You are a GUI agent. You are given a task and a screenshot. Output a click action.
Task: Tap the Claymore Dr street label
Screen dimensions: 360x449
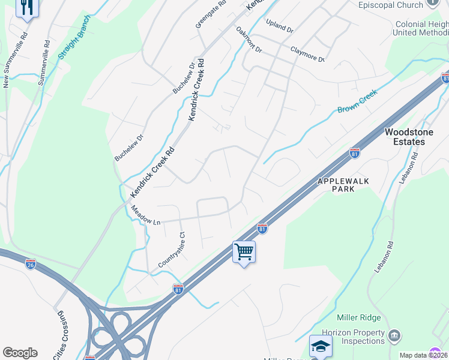pos(307,55)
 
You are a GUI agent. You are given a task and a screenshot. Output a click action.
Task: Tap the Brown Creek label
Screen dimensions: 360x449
pos(357,102)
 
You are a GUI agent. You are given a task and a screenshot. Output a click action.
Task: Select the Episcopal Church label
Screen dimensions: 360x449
pos(390,5)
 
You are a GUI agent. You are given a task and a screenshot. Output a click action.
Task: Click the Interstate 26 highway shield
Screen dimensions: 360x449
pos(31,263)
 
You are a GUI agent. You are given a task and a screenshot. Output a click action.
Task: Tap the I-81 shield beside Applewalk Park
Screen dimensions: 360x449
pos(355,154)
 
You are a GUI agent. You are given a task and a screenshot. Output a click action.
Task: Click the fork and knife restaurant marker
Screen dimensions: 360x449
pos(27,8)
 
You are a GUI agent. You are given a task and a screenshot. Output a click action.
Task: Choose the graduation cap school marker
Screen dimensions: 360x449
pos(321,346)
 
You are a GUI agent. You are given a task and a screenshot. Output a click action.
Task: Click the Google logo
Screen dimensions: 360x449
pos(20,353)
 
